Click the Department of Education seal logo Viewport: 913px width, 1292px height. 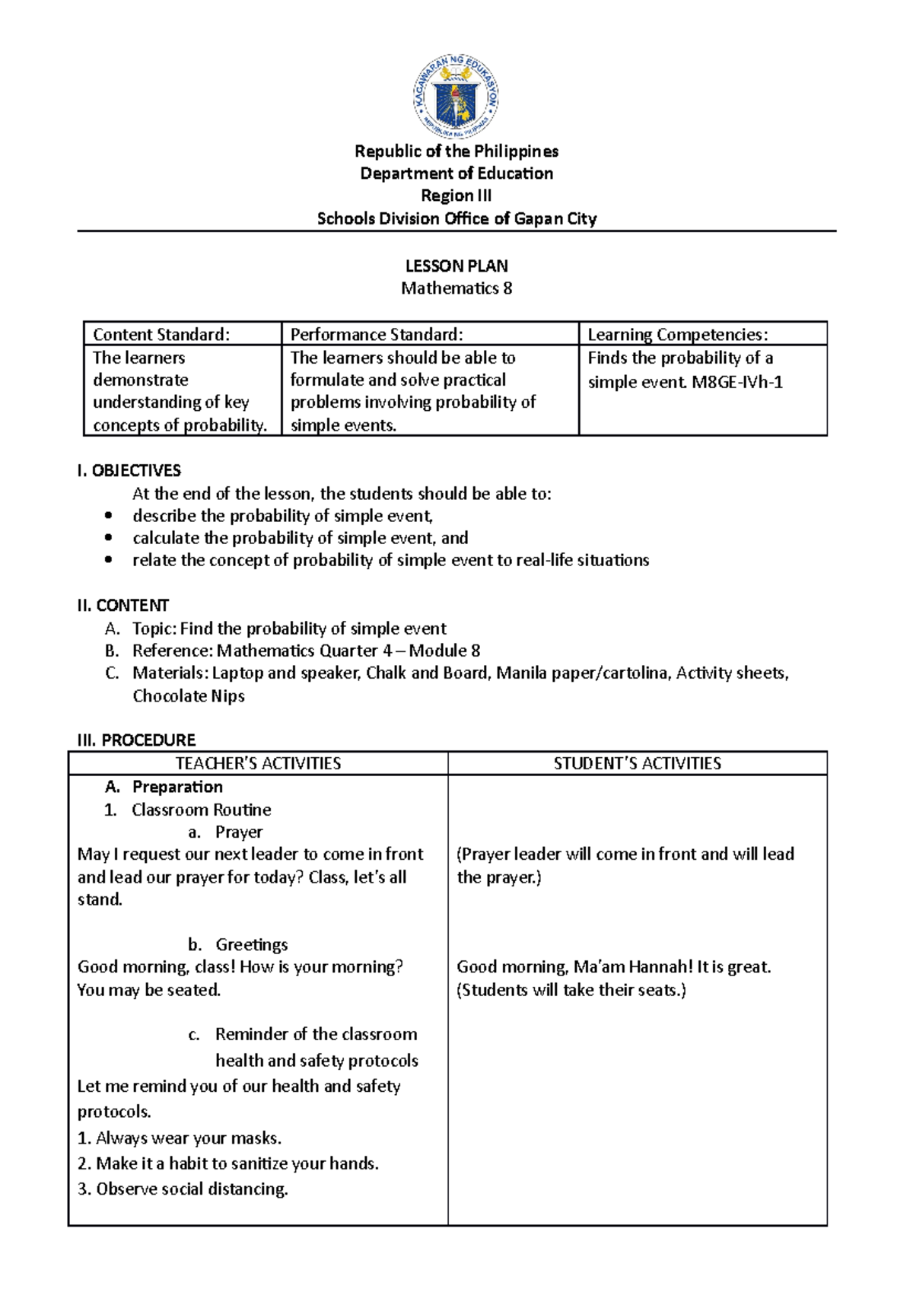(x=456, y=97)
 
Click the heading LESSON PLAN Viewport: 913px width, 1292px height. (x=456, y=266)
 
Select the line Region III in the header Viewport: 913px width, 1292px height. (x=456, y=196)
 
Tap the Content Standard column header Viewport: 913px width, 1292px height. (x=161, y=335)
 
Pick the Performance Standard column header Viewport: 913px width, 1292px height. (x=376, y=335)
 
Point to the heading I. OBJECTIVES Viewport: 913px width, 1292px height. (x=129, y=470)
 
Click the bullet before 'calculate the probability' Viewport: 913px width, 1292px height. (x=109, y=538)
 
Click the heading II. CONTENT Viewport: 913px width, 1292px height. (x=123, y=606)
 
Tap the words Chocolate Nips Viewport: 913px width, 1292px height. (x=189, y=696)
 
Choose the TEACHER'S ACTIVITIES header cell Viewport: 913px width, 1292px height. (x=258, y=763)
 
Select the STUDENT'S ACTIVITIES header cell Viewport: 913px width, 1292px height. (x=637, y=763)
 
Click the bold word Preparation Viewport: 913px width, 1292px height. (x=177, y=787)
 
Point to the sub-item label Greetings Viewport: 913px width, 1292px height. (x=251, y=945)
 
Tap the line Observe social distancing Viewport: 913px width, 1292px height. (x=192, y=1189)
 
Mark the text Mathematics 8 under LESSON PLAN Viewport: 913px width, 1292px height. (x=456, y=288)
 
